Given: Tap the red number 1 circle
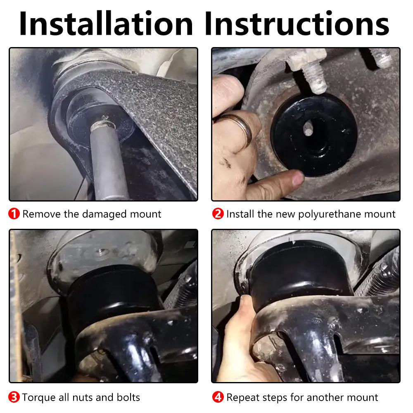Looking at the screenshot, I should [x=14, y=214].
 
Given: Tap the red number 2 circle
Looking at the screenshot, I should [x=218, y=214].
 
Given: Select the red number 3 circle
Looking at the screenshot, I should [x=14, y=398].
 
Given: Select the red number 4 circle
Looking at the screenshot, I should [x=218, y=398].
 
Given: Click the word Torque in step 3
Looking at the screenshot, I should [x=37, y=398].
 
